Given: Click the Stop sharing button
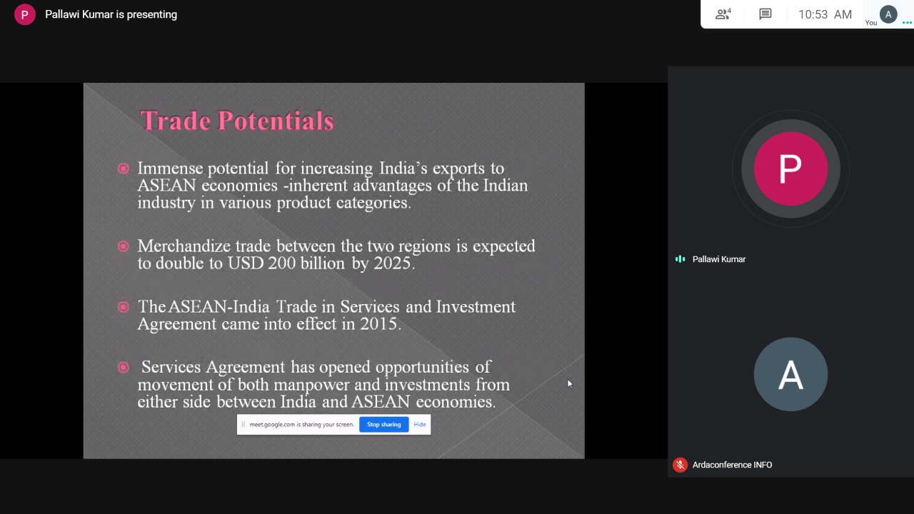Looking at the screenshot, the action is (x=383, y=424).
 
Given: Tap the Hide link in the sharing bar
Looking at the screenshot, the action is (x=419, y=424).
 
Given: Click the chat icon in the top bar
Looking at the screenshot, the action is (x=765, y=14).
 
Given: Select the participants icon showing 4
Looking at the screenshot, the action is (x=723, y=14).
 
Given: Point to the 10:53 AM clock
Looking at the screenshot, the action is (x=825, y=15).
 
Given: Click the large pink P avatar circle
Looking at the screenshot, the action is (x=790, y=168).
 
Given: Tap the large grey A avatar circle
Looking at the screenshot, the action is (x=790, y=374).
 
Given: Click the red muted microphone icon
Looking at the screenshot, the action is (x=680, y=465).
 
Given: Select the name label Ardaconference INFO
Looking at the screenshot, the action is (x=732, y=465).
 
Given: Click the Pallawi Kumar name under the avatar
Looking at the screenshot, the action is (x=719, y=259).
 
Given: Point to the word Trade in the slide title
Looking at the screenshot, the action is (x=176, y=121).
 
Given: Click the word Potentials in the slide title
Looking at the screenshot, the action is (x=276, y=121).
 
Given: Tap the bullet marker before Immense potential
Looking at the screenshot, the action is (x=124, y=168).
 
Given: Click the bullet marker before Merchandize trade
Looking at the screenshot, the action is (x=124, y=246).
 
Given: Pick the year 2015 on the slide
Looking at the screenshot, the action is (x=378, y=324).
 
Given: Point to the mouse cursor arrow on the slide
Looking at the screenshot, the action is (x=570, y=384).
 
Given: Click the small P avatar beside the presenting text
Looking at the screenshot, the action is (x=24, y=15).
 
